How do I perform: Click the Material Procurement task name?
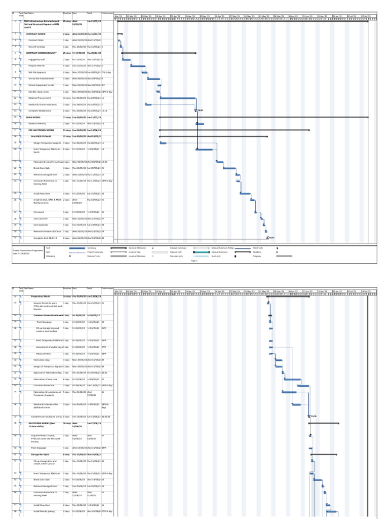pos(41,98)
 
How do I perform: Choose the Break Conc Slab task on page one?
pos(42,168)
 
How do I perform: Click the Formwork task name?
pos(39,212)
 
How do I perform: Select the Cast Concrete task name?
pos(42,218)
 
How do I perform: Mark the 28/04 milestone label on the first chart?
pos(200,110)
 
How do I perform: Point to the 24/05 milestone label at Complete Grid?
pos(271,238)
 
